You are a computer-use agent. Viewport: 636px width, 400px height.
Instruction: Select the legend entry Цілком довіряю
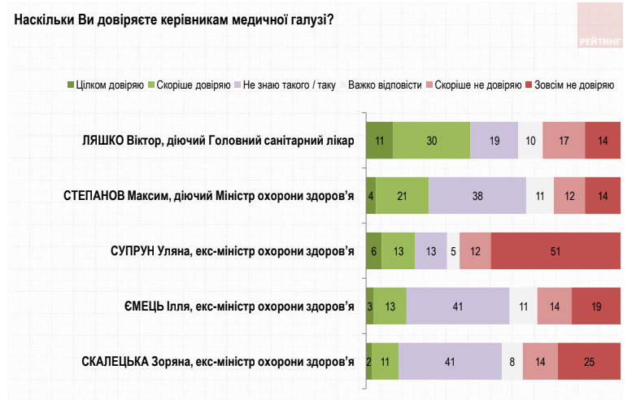[x=106, y=85]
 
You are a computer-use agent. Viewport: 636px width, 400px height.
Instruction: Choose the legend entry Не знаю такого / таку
[x=284, y=85]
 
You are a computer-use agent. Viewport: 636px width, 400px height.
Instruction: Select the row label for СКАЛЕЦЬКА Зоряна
[x=218, y=361]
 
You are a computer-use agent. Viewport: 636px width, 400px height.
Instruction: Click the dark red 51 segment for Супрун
[x=555, y=251]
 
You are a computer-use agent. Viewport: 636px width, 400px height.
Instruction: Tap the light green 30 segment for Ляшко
[x=431, y=141]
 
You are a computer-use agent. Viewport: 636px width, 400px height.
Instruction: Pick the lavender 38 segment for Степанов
[x=477, y=196]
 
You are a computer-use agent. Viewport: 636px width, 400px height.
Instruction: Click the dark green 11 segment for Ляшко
[x=380, y=141]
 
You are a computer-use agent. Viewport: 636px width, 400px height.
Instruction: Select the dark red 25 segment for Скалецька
[x=589, y=361]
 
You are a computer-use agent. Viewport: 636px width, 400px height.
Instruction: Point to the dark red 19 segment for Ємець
[x=596, y=307]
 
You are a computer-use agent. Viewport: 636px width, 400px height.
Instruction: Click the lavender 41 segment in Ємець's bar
[x=458, y=307]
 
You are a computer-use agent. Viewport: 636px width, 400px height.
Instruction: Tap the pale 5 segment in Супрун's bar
[x=453, y=251]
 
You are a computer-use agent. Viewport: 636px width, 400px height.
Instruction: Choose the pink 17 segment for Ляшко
[x=563, y=141]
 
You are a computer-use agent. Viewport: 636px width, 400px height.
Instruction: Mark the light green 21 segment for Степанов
[x=403, y=196]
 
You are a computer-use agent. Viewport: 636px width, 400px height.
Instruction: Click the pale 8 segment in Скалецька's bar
[x=512, y=361]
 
